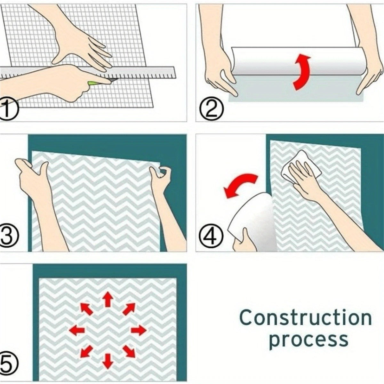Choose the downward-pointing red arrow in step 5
point(108,356)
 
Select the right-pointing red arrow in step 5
point(139,330)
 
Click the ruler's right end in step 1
point(175,73)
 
